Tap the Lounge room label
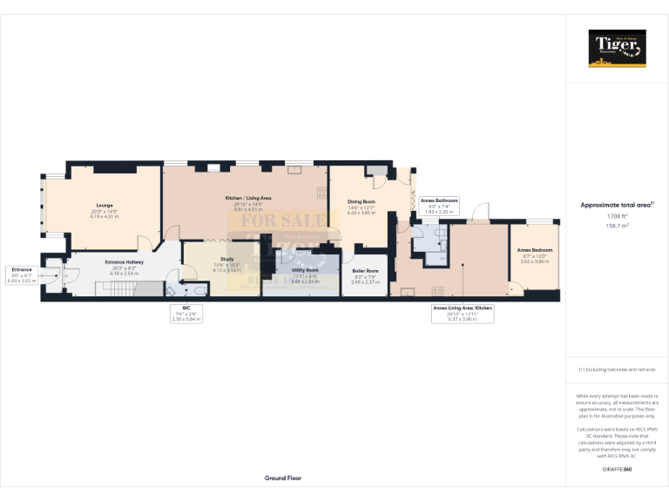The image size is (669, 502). (x=104, y=207)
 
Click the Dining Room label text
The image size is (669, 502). (x=362, y=204)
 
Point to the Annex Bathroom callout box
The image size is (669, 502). (x=439, y=206)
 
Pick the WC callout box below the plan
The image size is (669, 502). (x=185, y=314)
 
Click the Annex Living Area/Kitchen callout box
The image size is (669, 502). (x=463, y=314)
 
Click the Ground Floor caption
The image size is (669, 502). (x=283, y=478)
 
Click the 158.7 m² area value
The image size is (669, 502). (x=617, y=225)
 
